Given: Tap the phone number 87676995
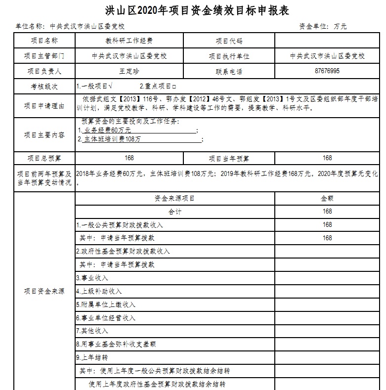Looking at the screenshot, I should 327,71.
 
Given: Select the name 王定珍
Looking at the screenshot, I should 129,71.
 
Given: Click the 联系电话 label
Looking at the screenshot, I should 229,71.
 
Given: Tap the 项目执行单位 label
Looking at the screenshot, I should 229,56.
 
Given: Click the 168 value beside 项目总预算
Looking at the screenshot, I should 129,158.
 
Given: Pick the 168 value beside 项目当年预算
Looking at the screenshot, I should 327,158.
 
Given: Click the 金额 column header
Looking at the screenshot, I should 327,198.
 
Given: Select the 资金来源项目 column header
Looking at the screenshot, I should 174,198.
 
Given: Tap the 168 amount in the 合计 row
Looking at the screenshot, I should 327,212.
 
